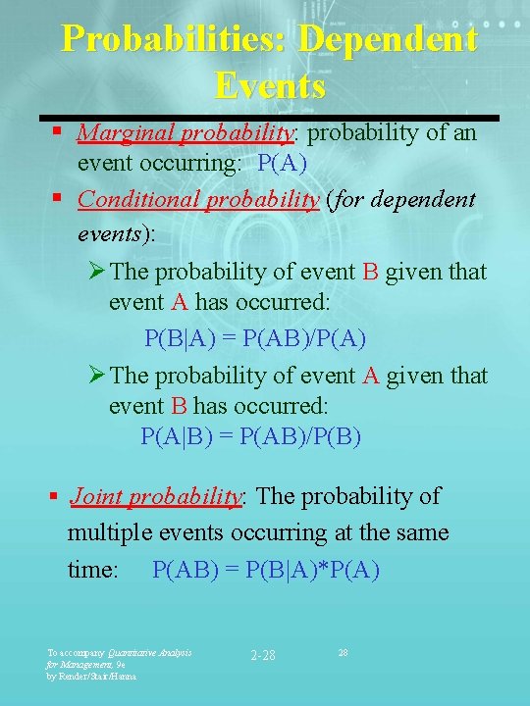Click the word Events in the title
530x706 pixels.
pyautogui.click(x=270, y=86)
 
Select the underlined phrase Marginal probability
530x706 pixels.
pyautogui.click(x=185, y=132)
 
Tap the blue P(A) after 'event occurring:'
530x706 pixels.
pyautogui.click(x=282, y=163)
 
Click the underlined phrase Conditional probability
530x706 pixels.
pyautogui.click(x=198, y=200)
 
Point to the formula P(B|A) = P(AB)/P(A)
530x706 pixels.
pyautogui.click(x=255, y=338)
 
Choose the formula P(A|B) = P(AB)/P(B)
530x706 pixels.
pyautogui.click(x=251, y=435)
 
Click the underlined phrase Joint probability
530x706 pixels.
pyautogui.click(x=155, y=496)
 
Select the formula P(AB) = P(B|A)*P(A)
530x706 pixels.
pyautogui.click(x=266, y=570)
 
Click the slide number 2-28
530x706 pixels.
pyautogui.click(x=263, y=655)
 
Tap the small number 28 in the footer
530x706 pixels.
pyautogui.click(x=344, y=651)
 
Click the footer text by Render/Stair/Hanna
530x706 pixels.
pyautogui.click(x=92, y=676)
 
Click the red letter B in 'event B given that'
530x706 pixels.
pyautogui.click(x=370, y=272)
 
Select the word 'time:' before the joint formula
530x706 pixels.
pyautogui.click(x=92, y=570)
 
